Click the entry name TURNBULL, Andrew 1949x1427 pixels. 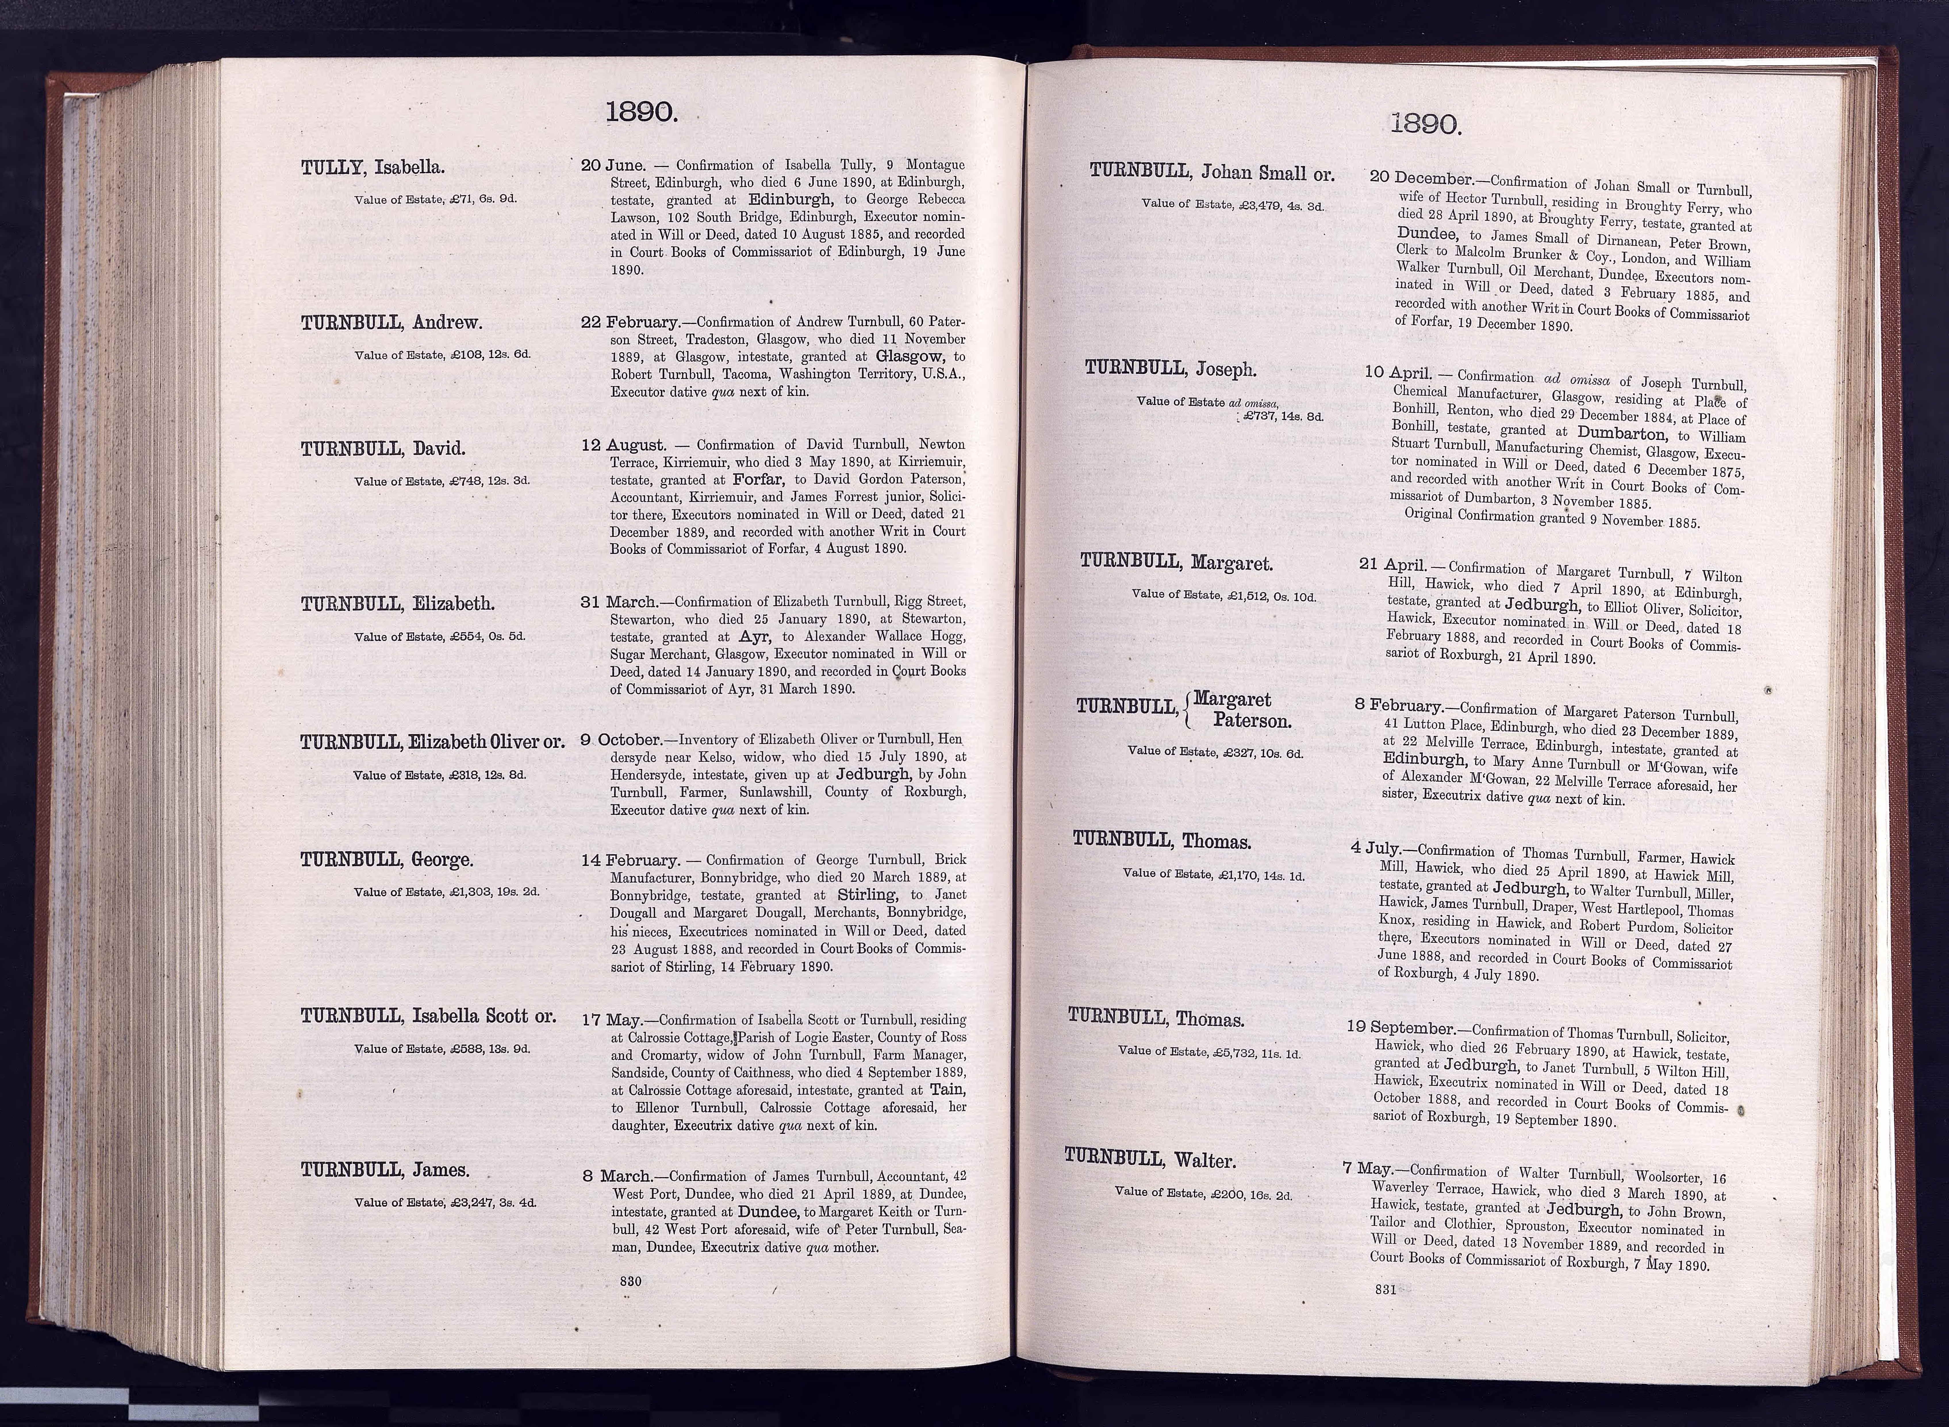(391, 323)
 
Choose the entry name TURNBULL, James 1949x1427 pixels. (385, 1171)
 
